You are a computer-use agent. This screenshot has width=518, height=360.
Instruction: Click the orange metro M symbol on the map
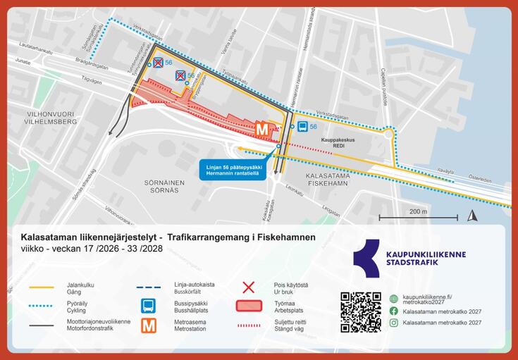(262, 129)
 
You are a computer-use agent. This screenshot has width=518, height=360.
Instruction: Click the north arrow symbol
(474, 216)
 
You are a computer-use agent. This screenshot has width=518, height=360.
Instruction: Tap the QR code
(360, 311)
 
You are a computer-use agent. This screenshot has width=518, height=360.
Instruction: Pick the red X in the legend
(248, 287)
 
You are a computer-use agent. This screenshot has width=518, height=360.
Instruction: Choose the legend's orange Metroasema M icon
(149, 325)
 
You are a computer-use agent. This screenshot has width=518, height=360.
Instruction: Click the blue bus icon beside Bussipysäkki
(149, 306)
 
